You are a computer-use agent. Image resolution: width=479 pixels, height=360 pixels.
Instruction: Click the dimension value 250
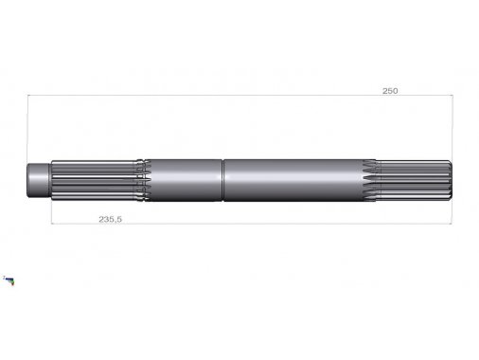pyautogui.click(x=390, y=91)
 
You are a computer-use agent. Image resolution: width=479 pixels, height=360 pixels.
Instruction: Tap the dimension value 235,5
pyautogui.click(x=110, y=219)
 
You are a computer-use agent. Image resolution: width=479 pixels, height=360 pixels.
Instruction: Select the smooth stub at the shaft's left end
pyautogui.click(x=38, y=180)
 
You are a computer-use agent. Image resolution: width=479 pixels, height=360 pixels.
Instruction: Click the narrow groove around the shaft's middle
pyautogui.click(x=222, y=180)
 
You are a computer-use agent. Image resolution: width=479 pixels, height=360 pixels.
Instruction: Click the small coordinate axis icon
pyautogui.click(x=9, y=280)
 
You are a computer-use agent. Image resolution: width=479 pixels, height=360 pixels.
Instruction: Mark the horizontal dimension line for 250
pyautogui.click(x=240, y=95)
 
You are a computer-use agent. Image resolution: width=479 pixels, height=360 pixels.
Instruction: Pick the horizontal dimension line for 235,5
pyautogui.click(x=251, y=224)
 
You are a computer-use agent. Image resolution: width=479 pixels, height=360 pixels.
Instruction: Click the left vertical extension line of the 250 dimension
pyautogui.click(x=27, y=129)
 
